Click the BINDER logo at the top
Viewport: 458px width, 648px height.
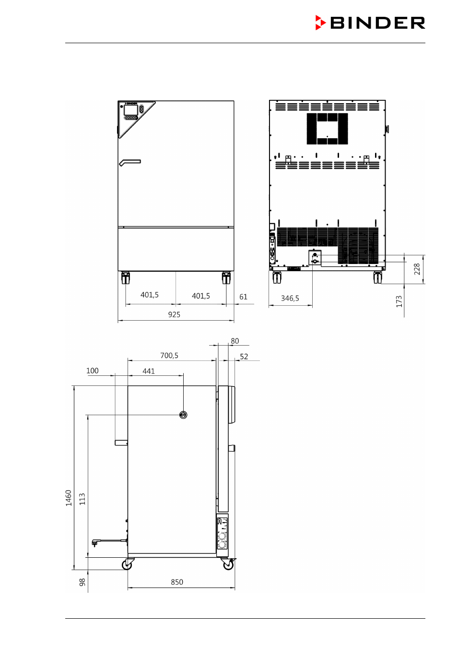[x=370, y=23]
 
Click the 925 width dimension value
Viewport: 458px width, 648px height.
[x=174, y=314]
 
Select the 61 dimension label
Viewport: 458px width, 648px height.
[x=243, y=297]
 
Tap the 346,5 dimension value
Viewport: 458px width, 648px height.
[x=290, y=298]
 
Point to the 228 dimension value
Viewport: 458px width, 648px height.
[x=417, y=269]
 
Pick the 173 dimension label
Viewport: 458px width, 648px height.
[x=399, y=301]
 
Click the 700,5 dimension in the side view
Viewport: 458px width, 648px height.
[x=169, y=356]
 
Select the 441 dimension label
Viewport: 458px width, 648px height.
[x=149, y=371]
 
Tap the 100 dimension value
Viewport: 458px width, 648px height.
[x=93, y=371]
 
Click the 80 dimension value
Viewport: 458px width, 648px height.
[x=235, y=341]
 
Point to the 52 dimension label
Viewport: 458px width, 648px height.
[x=244, y=357]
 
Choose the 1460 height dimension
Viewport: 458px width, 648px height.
[x=69, y=498]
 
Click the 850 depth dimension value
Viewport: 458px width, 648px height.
[x=177, y=582]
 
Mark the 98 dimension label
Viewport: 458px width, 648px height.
[x=82, y=582]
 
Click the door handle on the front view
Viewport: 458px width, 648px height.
[x=130, y=163]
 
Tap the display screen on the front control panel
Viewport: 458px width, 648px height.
[x=130, y=110]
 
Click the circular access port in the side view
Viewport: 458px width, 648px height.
[x=183, y=415]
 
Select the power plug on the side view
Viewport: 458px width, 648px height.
[x=95, y=543]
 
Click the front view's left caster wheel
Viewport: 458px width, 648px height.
[x=125, y=278]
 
